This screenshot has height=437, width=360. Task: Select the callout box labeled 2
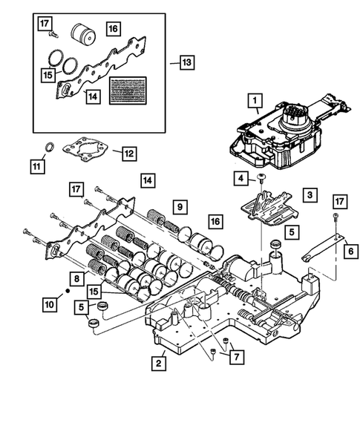point(159,363)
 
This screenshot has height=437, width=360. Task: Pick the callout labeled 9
point(179,206)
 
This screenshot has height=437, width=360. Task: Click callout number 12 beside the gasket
point(129,154)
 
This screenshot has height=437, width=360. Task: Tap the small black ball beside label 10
point(68,292)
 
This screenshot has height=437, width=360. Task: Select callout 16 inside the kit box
point(113,28)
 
